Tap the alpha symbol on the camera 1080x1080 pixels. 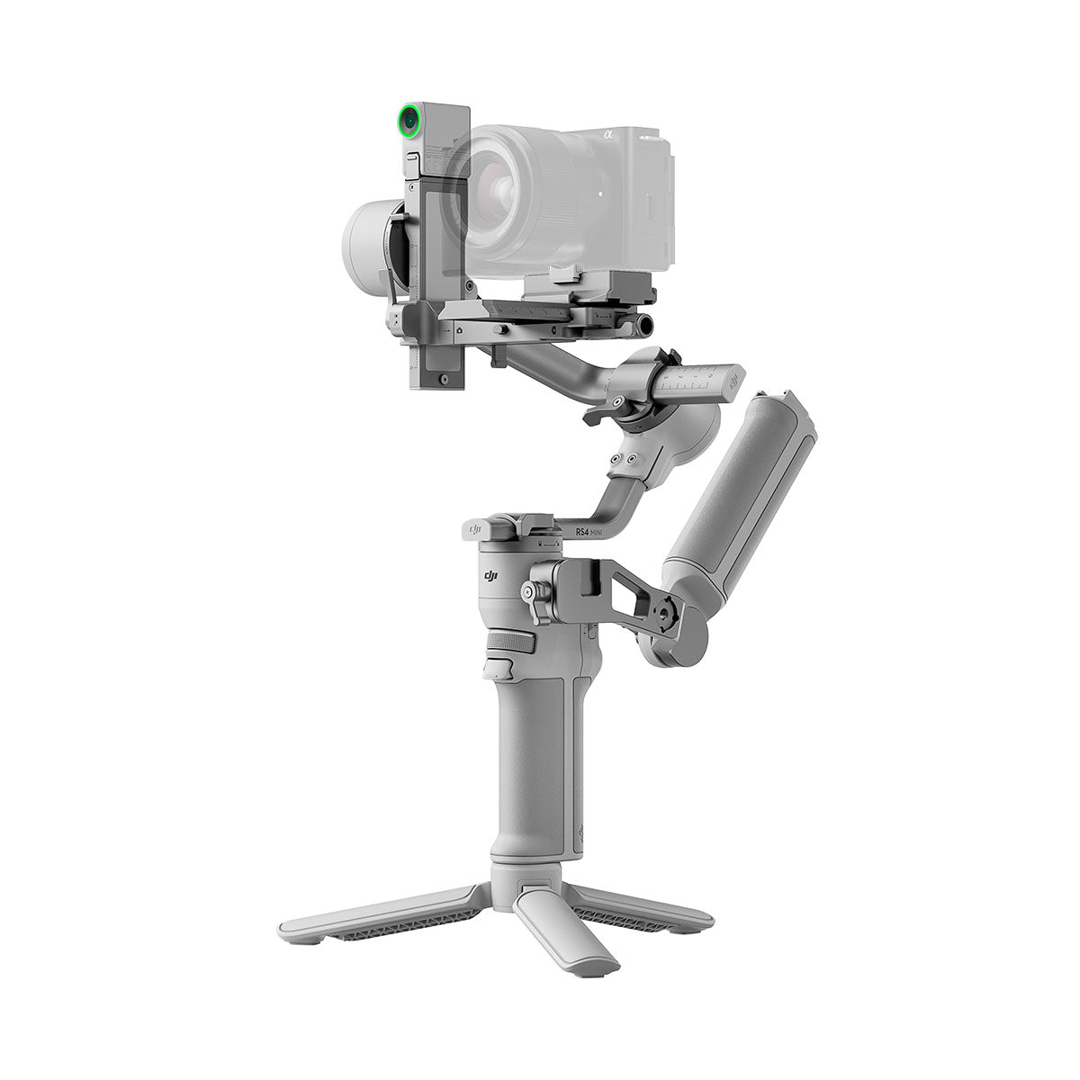pyautogui.click(x=607, y=135)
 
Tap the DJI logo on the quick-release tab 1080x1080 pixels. pyautogui.click(x=477, y=526)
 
